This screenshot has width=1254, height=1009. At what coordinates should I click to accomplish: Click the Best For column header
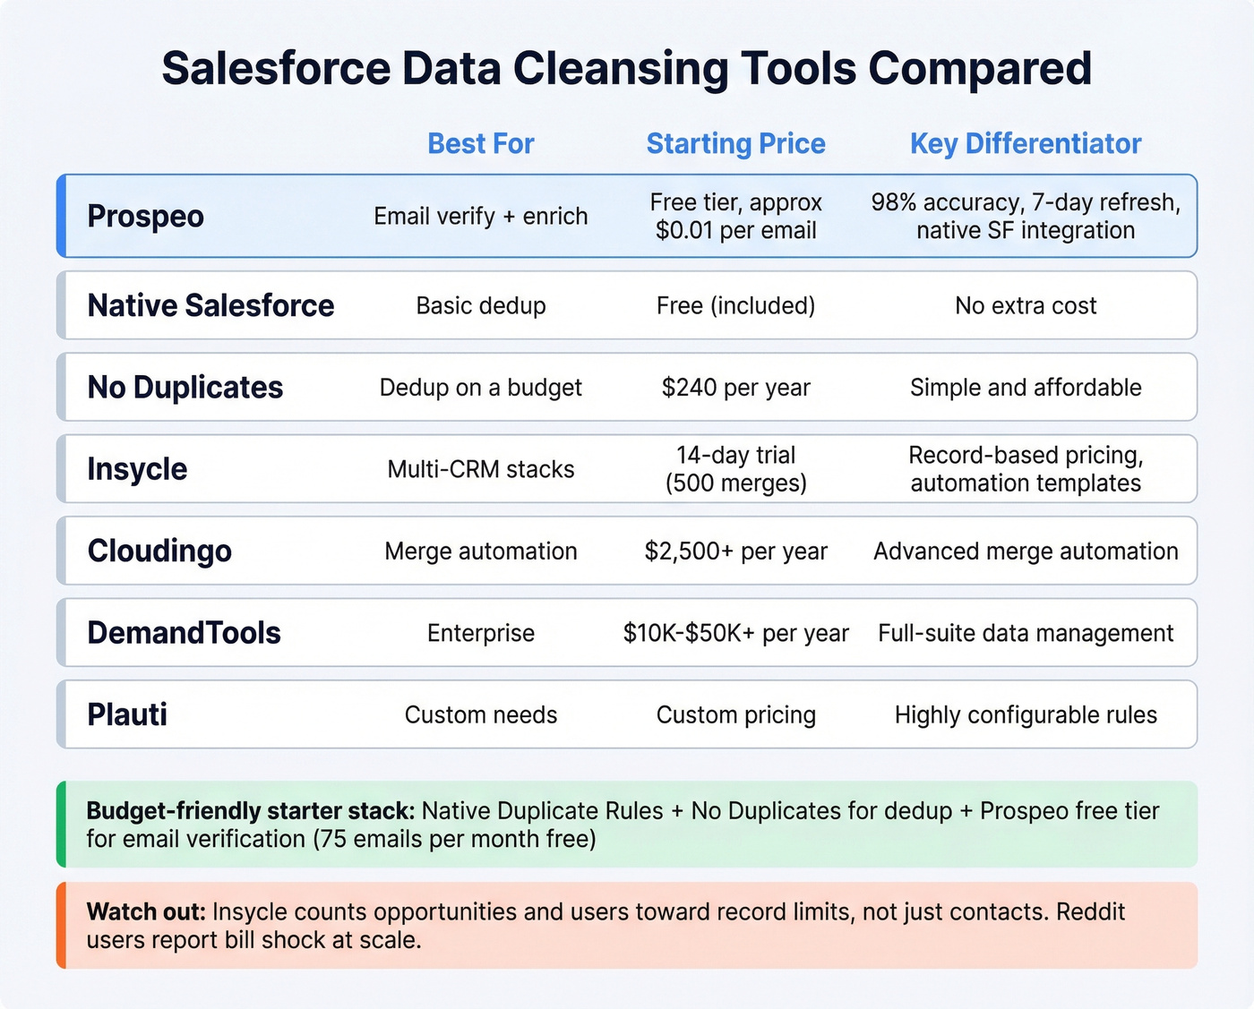[480, 143]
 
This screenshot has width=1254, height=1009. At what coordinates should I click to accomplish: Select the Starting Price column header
[735, 143]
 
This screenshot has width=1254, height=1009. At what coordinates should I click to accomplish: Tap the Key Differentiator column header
[1026, 143]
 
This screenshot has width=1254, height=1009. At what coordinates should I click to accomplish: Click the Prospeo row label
[145, 217]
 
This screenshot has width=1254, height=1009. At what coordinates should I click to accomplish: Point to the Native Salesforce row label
[210, 306]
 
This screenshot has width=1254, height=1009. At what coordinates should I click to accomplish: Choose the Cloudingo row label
[159, 552]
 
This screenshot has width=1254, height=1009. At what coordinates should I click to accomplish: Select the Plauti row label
[127, 715]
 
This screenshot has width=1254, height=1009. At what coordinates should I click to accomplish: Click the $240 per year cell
[735, 388]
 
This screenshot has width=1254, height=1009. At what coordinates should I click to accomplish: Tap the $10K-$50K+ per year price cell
[735, 634]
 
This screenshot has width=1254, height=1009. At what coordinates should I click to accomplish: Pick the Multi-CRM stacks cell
[480, 470]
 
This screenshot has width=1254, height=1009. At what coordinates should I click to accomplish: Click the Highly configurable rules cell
[1026, 715]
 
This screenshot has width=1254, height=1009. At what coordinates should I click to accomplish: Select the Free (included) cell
[735, 306]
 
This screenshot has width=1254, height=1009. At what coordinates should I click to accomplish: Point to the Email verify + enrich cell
[480, 217]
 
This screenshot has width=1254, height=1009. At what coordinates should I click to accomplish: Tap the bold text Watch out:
[146, 912]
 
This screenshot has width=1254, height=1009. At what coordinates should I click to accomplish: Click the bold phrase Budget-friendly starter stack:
[250, 811]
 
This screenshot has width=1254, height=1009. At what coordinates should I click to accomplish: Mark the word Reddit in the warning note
[1090, 912]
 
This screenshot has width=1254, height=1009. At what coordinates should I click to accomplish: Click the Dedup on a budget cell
[480, 388]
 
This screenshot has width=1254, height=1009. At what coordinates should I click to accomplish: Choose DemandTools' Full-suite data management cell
[1026, 634]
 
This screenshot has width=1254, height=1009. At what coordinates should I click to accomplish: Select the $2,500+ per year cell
[735, 552]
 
